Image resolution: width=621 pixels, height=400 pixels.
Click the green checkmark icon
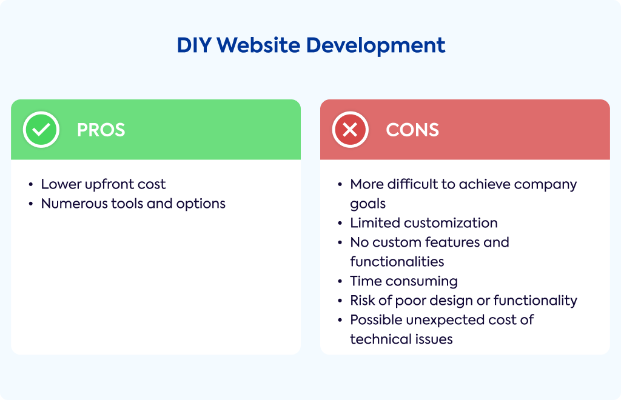point(41,130)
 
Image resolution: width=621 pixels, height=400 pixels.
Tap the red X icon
point(350,130)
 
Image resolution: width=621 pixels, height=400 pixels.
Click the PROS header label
point(101,130)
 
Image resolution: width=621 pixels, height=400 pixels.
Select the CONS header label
point(412,130)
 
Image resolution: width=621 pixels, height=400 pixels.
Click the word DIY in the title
point(194,45)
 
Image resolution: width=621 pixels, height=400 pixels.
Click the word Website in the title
point(258,45)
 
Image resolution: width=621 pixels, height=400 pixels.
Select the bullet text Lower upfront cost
point(103,185)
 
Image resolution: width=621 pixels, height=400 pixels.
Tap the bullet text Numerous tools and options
point(133,204)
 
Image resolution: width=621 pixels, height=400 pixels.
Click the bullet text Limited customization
point(424,223)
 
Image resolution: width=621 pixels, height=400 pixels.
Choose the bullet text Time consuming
point(404,281)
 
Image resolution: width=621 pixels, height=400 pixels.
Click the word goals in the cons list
point(368,204)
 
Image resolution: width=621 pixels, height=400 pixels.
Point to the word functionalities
point(397,262)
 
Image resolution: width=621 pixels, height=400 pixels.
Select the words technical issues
point(401,339)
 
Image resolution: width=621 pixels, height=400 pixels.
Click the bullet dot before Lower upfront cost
point(31,185)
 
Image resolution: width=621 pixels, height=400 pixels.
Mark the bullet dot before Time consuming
point(340,281)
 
